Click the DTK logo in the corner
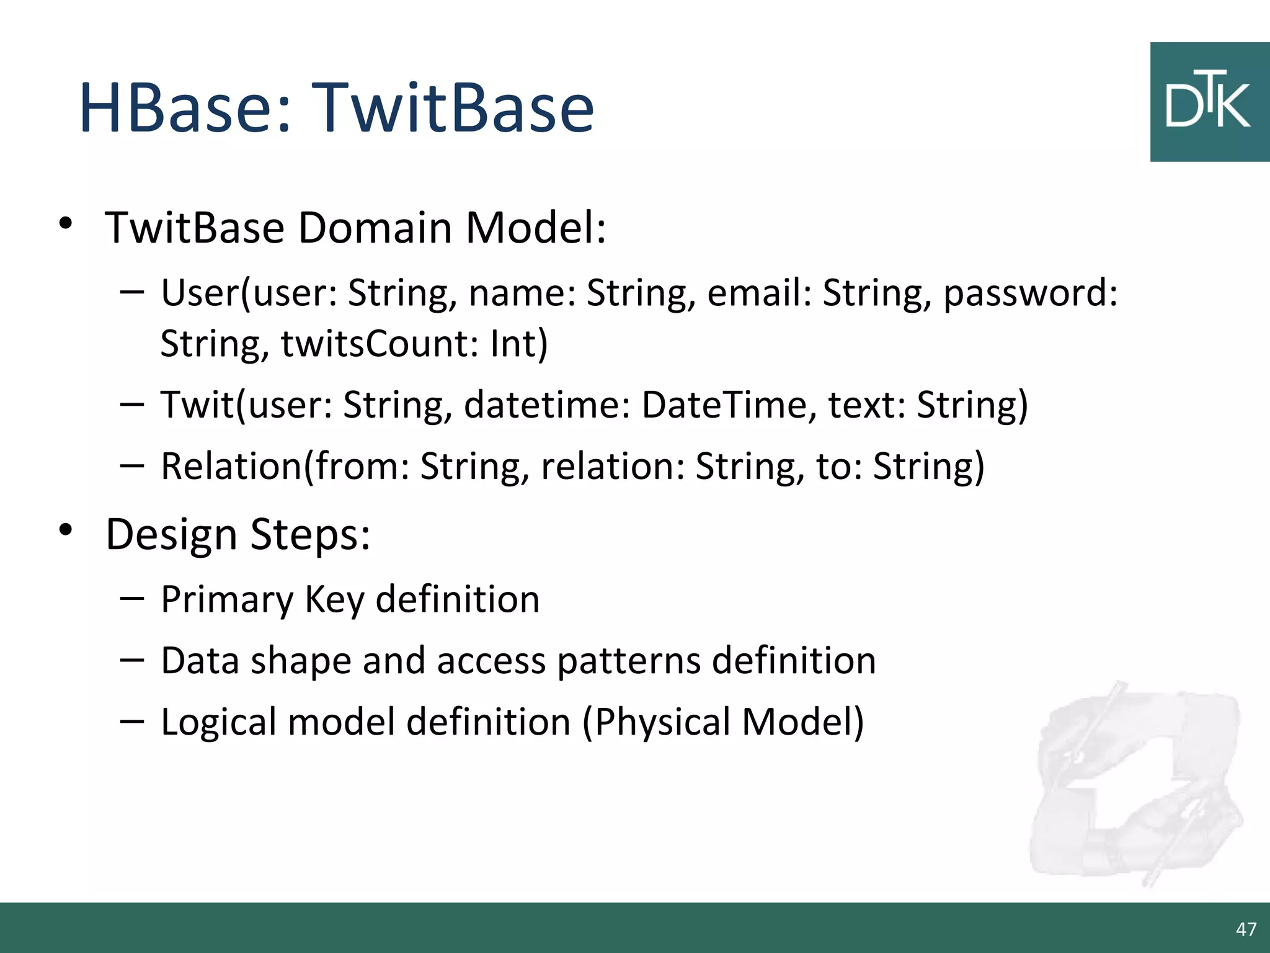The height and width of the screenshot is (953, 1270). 1209,102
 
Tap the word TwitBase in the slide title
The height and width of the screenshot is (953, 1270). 453,109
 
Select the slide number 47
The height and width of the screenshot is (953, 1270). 1246,929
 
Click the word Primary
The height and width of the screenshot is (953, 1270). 227,600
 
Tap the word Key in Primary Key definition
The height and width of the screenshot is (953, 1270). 334,600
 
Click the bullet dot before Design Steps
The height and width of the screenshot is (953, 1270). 66,529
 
